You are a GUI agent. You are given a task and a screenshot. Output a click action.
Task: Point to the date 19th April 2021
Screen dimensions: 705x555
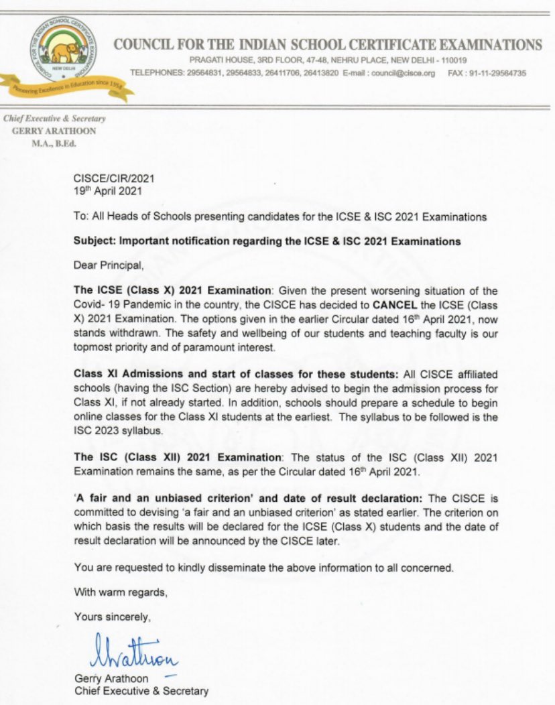(107, 190)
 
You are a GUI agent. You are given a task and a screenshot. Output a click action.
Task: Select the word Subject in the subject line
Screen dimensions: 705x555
(92, 241)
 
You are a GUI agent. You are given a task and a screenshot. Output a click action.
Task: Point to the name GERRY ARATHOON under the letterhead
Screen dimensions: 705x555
(54, 131)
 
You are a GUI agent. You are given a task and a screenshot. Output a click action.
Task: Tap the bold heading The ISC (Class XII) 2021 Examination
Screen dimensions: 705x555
(178, 457)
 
